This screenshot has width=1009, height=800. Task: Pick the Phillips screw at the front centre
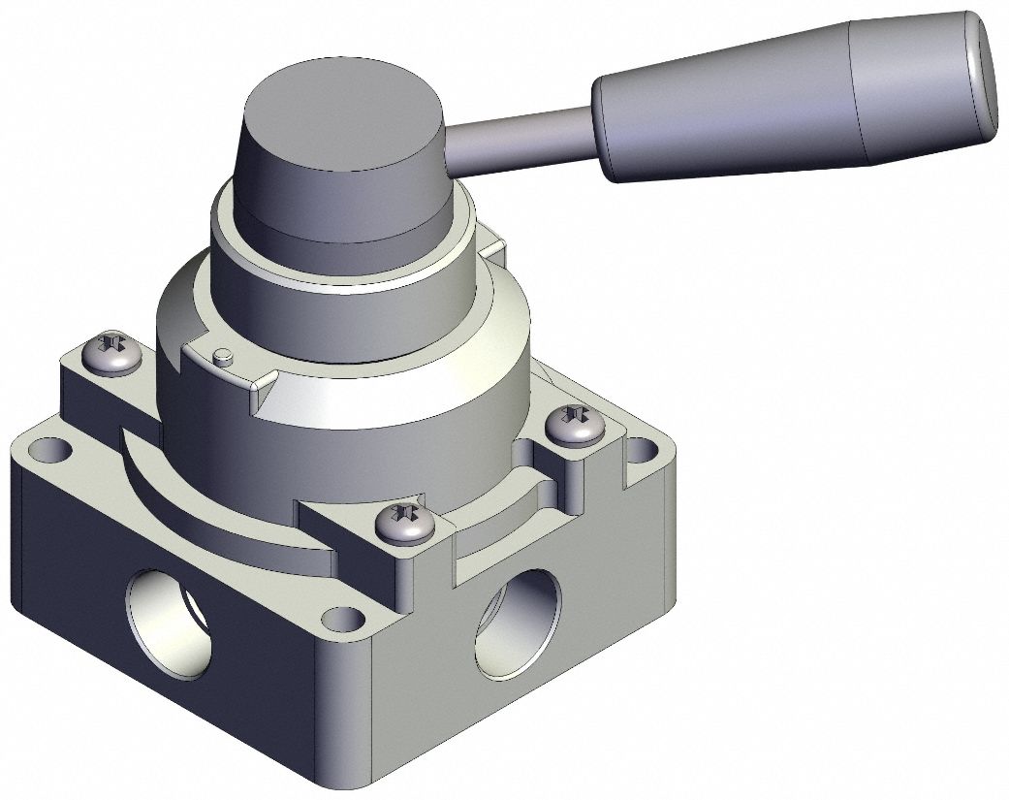point(405,524)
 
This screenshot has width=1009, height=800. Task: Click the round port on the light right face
point(519,625)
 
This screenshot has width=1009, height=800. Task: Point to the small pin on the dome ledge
point(223,355)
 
